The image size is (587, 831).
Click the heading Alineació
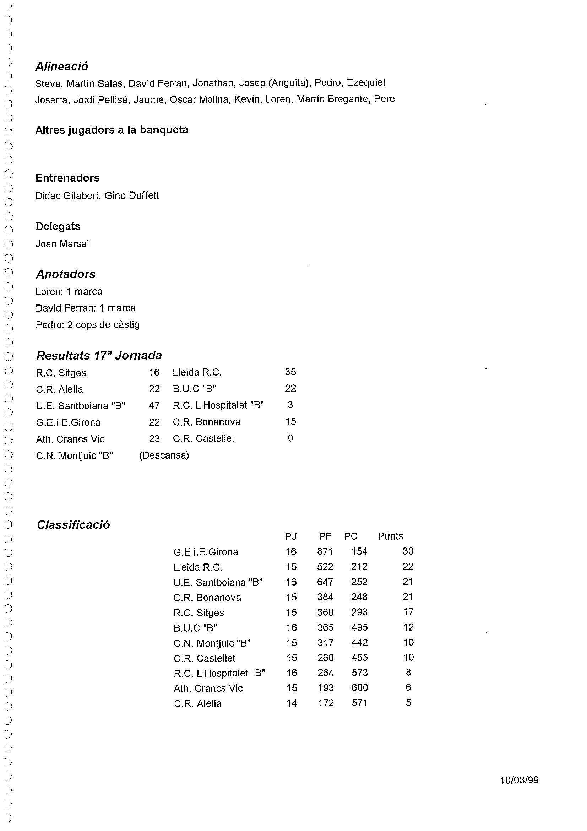[61, 66]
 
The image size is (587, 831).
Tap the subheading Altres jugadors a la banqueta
[112, 130]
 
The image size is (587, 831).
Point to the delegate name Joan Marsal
[62, 244]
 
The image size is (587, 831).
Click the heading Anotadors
[65, 274]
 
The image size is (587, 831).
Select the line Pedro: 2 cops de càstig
[87, 325]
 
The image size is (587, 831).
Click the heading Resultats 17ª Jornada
[99, 355]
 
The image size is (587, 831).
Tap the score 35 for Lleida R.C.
[290, 372]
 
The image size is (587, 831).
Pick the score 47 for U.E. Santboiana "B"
[154, 405]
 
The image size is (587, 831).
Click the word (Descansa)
[164, 455]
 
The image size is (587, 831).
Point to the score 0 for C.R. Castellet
[290, 439]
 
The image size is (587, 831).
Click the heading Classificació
[73, 525]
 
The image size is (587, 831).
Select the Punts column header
[390, 536]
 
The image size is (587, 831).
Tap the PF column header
[325, 536]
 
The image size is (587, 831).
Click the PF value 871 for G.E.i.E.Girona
[325, 552]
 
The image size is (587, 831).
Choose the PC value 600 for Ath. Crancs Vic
[359, 688]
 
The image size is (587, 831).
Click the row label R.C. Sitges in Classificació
[199, 613]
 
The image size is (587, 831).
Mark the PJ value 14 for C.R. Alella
[292, 703]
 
